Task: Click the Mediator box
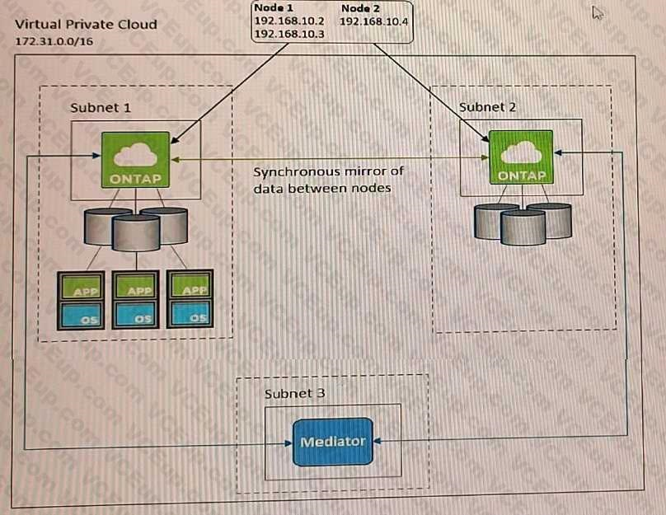click(332, 442)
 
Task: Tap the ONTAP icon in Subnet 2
click(522, 157)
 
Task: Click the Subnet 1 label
click(100, 108)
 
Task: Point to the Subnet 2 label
click(488, 107)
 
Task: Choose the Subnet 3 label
click(294, 393)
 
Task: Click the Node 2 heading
click(360, 7)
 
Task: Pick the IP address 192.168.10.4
click(373, 21)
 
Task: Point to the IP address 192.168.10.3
click(288, 35)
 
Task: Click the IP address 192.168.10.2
click(288, 21)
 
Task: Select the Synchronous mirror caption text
click(328, 180)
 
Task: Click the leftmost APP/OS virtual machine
click(80, 299)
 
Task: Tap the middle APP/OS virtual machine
click(136, 299)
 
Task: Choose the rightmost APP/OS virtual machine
click(190, 299)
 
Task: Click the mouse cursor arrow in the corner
click(598, 12)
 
